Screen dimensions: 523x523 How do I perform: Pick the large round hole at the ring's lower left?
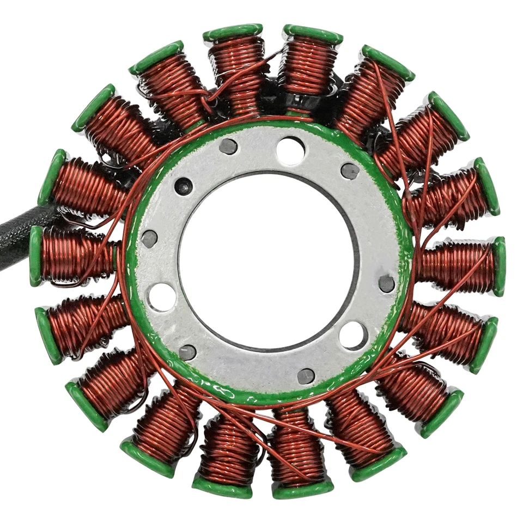[x=162, y=297]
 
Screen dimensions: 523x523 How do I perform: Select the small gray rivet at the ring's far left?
[x=149, y=239]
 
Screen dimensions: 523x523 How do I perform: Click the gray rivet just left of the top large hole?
[x=228, y=146]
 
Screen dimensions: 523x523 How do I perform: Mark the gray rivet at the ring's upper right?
[x=350, y=171]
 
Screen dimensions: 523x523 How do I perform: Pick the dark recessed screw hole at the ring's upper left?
[x=184, y=186]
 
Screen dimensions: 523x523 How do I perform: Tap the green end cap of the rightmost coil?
[x=498, y=266]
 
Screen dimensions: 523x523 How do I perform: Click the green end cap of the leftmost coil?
[x=36, y=256]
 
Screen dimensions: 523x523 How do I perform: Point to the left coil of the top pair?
[x=235, y=65]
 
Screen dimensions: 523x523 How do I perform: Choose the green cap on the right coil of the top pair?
[x=313, y=34]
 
